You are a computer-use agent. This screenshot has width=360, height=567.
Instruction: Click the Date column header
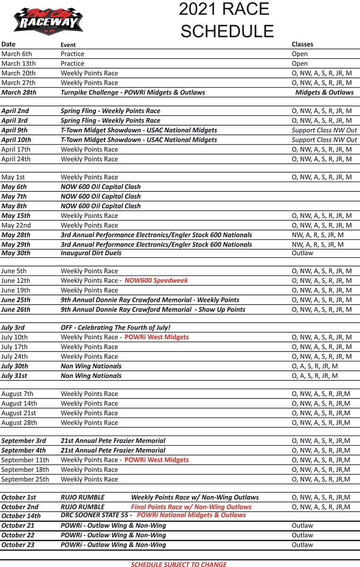point(9,44)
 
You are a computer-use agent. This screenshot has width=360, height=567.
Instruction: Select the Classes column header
point(302,44)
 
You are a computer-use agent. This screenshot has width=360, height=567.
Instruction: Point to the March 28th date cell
point(19,92)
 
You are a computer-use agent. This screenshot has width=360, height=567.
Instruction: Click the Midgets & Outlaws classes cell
point(324,92)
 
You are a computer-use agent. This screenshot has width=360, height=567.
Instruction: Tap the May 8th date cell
point(14,206)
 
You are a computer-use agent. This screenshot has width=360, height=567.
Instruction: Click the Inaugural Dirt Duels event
point(91,253)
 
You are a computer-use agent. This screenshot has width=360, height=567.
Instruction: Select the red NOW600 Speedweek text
point(156,280)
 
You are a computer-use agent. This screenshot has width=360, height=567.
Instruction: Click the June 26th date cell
point(16,309)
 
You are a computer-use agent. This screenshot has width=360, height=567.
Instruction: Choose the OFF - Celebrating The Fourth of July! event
point(116,327)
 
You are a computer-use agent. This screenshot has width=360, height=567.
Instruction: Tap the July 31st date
point(14,376)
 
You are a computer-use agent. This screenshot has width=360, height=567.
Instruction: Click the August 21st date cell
point(19,413)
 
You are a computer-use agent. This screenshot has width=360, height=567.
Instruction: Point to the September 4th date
point(24,450)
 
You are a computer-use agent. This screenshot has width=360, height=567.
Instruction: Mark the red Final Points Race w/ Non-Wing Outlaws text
point(191,507)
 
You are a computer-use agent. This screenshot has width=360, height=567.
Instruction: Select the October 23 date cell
point(18,545)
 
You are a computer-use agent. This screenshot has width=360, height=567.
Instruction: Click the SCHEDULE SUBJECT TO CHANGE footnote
point(179,564)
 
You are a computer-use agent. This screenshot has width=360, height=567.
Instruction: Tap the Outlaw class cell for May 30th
point(302,253)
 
